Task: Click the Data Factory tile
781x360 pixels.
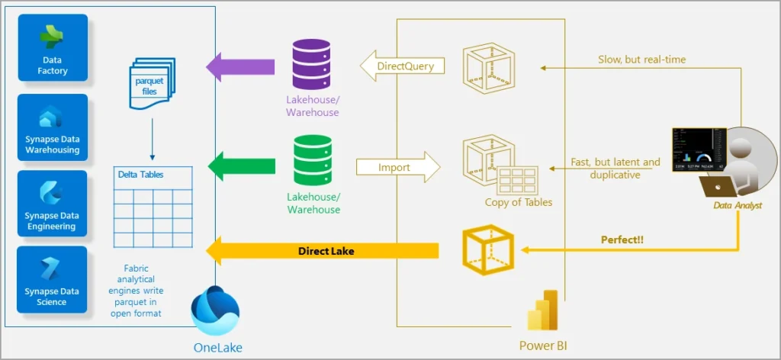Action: [x=53, y=48]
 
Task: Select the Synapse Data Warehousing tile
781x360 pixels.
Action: [x=53, y=127]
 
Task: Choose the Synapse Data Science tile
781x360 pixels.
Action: [x=53, y=279]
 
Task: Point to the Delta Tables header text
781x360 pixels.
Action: [x=141, y=175]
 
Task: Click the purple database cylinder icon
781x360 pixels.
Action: [x=313, y=66]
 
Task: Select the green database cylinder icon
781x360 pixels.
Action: [x=313, y=161]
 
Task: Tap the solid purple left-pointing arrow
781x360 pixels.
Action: [x=240, y=66]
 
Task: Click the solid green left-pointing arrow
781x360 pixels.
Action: [x=241, y=166]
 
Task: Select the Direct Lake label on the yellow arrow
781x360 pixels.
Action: [x=326, y=250]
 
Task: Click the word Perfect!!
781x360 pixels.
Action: [x=622, y=239]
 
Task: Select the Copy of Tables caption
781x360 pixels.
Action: [x=518, y=202]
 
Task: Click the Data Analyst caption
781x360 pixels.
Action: [x=737, y=205]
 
